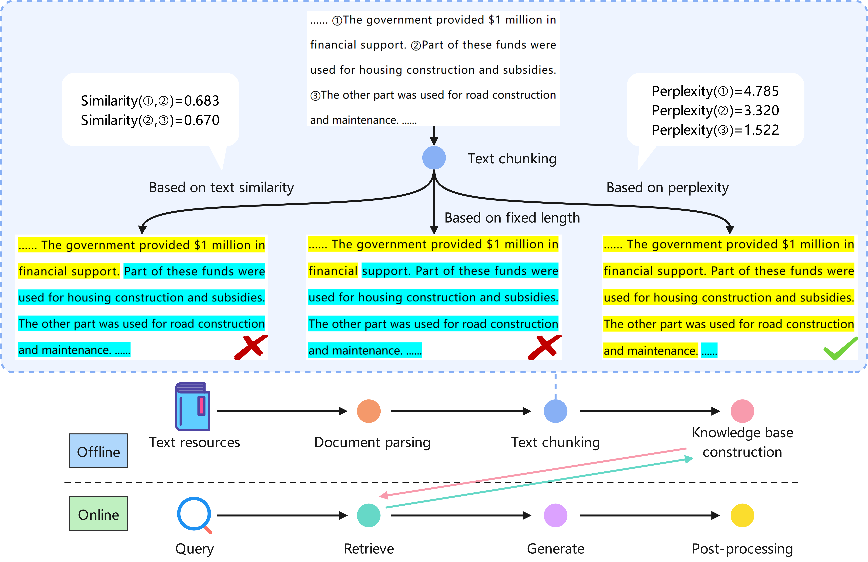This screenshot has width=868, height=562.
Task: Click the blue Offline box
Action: [98, 451]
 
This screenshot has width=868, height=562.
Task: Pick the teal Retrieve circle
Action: [369, 515]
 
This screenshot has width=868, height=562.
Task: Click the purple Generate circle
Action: [556, 515]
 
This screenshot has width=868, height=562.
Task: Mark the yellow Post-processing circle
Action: [742, 515]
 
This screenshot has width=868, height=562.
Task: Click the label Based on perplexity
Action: [667, 188]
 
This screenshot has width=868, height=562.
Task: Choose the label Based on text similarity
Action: [221, 188]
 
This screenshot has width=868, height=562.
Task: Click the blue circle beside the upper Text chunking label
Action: [434, 158]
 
